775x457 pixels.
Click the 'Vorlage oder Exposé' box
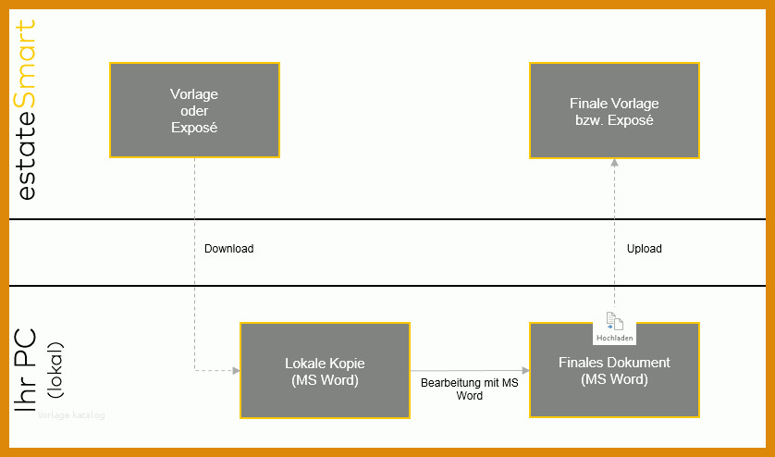click(194, 110)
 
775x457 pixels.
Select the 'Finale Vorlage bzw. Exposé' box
click(614, 110)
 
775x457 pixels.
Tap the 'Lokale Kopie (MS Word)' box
click(325, 370)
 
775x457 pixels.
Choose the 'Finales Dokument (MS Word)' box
click(614, 370)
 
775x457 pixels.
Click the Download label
click(228, 249)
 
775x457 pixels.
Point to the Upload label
click(644, 249)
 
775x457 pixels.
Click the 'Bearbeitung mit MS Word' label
click(470, 389)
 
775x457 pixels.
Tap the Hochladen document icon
click(614, 321)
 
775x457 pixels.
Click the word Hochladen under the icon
click(614, 339)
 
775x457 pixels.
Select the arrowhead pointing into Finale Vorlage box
click(614, 162)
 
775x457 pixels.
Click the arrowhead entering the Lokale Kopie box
click(236, 370)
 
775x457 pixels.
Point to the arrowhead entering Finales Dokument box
click(525, 370)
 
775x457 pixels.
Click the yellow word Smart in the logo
click(25, 64)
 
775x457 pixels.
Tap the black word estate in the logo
click(27, 154)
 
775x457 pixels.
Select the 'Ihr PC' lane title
click(25, 370)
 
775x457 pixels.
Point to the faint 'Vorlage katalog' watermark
click(71, 415)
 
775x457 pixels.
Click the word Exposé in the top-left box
click(194, 128)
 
